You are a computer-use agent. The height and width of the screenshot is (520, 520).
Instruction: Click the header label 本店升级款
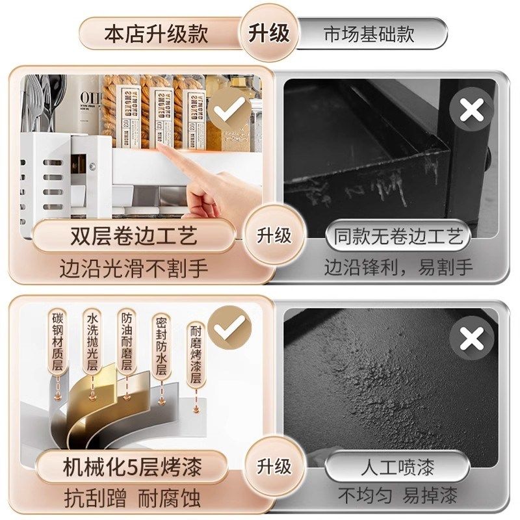156,34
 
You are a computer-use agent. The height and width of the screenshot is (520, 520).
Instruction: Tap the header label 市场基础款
369,34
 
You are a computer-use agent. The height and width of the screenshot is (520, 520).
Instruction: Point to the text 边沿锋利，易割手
399,267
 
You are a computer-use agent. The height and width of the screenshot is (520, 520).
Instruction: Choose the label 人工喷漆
399,467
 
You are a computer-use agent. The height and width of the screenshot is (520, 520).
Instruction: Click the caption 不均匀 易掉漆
399,497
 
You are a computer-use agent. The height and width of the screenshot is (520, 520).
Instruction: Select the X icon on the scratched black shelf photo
471,110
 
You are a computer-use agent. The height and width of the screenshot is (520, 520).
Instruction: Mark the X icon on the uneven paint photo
471,339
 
